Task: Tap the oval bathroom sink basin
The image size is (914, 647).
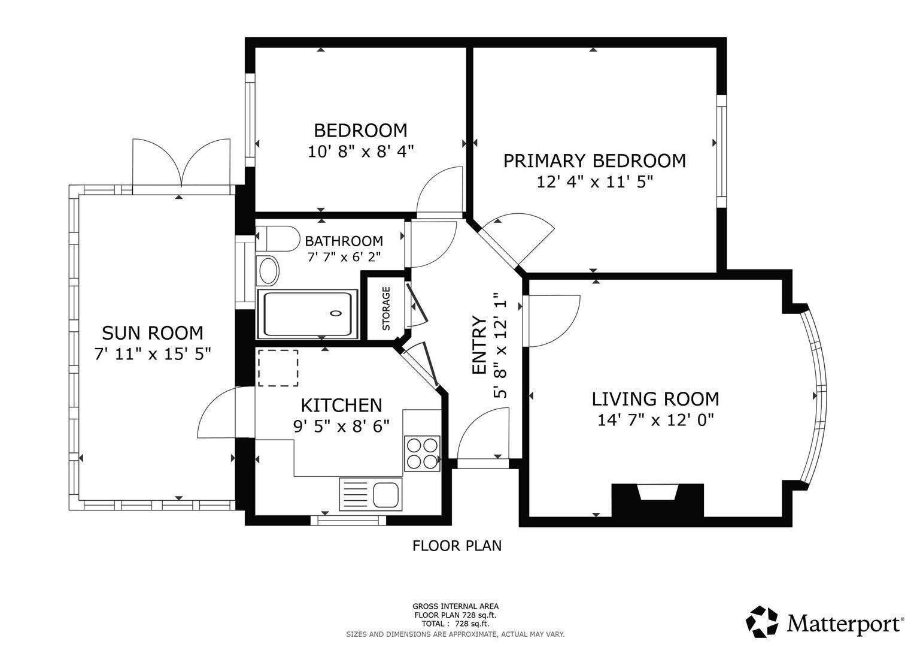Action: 269,271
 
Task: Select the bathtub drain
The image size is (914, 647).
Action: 336,313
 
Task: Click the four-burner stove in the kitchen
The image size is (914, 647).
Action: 422,453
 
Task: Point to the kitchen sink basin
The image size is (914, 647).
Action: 385,494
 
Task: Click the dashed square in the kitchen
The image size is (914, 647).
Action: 278,368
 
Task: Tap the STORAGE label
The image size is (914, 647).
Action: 386,309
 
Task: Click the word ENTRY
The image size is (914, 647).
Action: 479,345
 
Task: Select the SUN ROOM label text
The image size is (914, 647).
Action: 152,333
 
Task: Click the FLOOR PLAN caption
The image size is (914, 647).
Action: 457,546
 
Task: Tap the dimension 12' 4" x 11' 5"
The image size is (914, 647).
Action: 595,182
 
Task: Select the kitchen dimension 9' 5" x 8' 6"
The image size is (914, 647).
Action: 341,427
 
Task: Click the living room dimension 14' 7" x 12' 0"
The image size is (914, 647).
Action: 655,419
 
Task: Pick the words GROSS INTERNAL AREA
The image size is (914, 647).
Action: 456,606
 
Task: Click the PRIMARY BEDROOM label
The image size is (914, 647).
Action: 594,161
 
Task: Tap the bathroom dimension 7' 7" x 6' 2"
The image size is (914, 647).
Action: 344,257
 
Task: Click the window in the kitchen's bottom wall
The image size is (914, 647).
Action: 348,521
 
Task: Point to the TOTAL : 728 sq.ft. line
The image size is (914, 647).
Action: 456,624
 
